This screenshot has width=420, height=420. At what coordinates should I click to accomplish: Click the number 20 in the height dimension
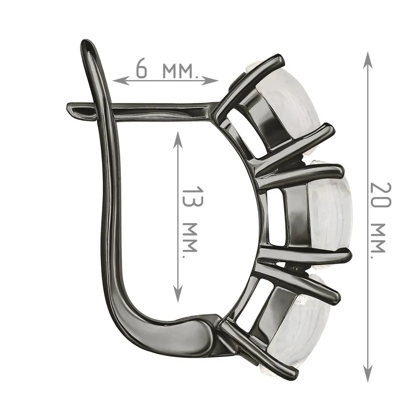pyautogui.click(x=381, y=196)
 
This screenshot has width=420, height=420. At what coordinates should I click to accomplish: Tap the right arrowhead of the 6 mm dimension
pyautogui.click(x=210, y=80)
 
